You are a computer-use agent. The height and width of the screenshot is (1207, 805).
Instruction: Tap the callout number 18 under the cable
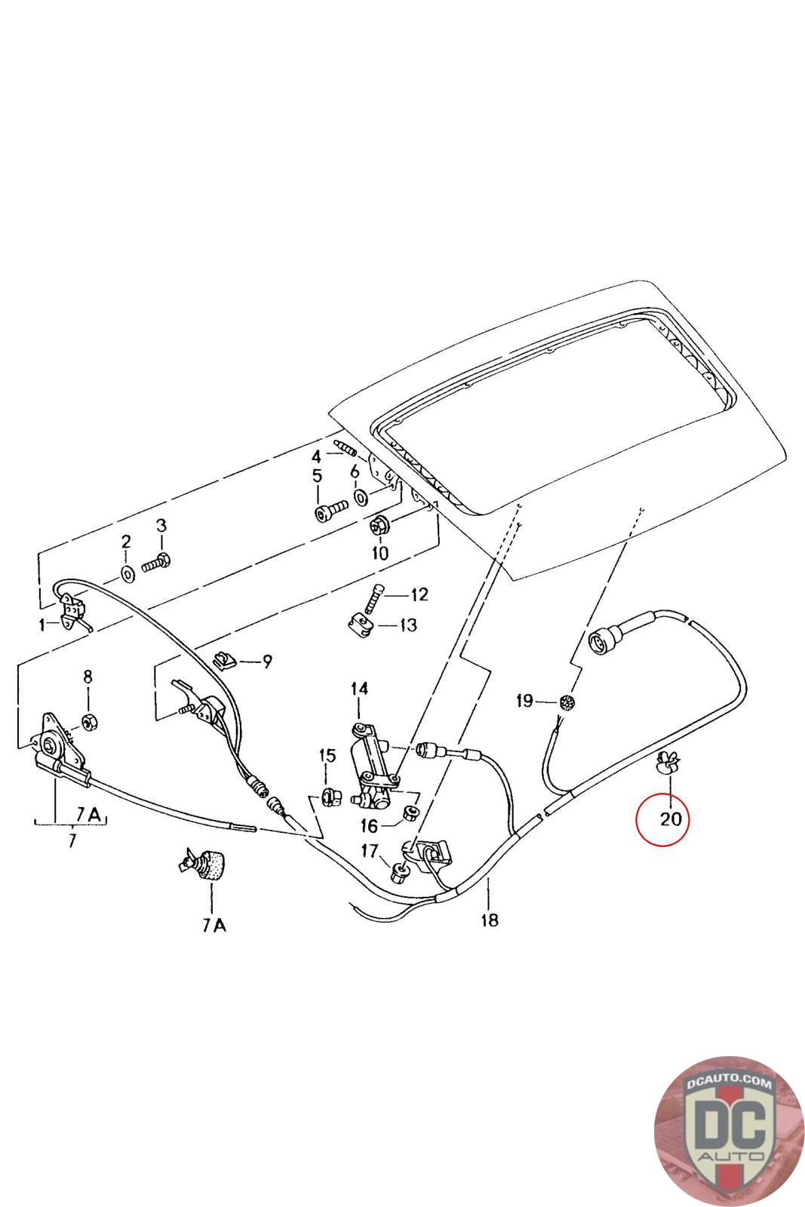click(489, 920)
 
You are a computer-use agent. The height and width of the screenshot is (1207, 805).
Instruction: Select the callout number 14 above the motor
click(359, 689)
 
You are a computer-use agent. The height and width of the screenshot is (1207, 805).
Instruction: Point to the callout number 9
click(266, 662)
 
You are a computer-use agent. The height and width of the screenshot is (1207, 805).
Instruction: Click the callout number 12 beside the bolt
click(419, 594)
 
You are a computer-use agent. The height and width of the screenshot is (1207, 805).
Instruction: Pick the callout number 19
click(524, 702)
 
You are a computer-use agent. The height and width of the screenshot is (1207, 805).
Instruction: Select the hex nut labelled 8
click(88, 722)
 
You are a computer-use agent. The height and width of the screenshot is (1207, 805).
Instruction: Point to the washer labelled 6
click(361, 496)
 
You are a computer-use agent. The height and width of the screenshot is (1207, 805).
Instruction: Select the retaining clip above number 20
click(667, 764)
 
